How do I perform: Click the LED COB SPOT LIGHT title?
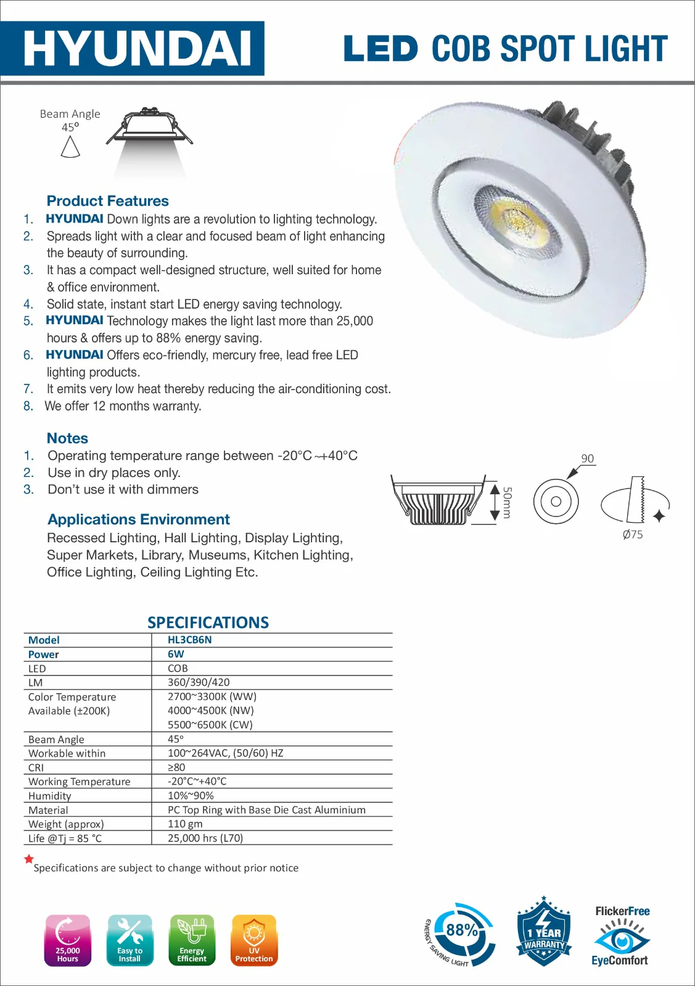pyautogui.click(x=505, y=49)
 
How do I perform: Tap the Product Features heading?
pyautogui.click(x=107, y=201)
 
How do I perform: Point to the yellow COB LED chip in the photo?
pyautogui.click(x=515, y=216)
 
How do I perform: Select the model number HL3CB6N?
pyautogui.click(x=189, y=640)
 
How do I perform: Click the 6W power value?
pyautogui.click(x=176, y=654)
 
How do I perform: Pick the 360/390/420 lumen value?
pyautogui.click(x=199, y=682)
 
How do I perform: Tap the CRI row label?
pyautogui.click(x=36, y=767)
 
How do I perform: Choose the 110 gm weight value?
pyautogui.click(x=185, y=824)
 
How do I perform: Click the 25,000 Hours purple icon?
pyautogui.click(x=68, y=940)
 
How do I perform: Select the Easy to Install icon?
pyautogui.click(x=130, y=940)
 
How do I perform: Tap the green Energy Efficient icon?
pyautogui.click(x=192, y=940)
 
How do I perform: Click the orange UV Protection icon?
pyautogui.click(x=254, y=940)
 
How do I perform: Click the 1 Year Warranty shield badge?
pyautogui.click(x=543, y=932)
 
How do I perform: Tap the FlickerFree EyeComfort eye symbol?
pyautogui.click(x=622, y=939)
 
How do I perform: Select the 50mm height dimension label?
pyautogui.click(x=507, y=503)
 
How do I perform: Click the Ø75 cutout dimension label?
pyautogui.click(x=633, y=535)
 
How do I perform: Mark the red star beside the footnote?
pyautogui.click(x=29, y=858)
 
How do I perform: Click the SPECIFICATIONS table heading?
pyautogui.click(x=208, y=622)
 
